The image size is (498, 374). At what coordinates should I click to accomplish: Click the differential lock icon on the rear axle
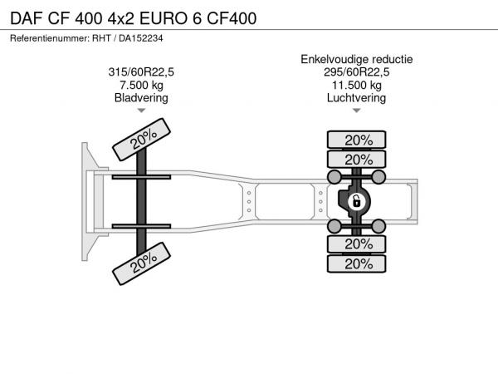point(357,202)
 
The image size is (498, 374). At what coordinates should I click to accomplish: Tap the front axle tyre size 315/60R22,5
point(141,72)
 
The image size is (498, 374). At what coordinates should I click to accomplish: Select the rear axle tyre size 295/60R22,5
point(356,72)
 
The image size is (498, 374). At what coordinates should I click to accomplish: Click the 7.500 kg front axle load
point(141,86)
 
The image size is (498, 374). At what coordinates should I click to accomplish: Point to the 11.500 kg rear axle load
point(357,86)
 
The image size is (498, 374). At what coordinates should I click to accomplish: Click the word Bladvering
point(141,98)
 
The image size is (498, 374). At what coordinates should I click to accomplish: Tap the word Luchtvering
point(356,98)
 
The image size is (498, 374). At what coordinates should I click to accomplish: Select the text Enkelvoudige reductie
point(357,60)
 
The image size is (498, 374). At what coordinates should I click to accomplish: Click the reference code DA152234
point(141,38)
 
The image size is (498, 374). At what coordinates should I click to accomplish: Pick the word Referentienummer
point(49,38)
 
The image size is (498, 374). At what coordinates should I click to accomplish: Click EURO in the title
point(164,18)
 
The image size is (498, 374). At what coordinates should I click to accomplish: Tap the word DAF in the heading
point(27,18)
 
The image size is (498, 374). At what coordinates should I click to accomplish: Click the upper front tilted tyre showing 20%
point(141,140)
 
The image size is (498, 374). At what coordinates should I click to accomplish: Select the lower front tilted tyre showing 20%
point(141,263)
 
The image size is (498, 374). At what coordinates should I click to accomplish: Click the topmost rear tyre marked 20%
point(356,140)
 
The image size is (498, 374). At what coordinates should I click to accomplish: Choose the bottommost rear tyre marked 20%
point(356,263)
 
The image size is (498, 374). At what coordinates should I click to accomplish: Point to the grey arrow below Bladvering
point(141,111)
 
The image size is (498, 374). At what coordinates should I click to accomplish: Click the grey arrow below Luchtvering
point(357,111)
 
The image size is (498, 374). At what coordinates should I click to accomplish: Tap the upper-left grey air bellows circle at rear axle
point(334,177)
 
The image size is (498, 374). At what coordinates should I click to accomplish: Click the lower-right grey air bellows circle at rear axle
point(378,226)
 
